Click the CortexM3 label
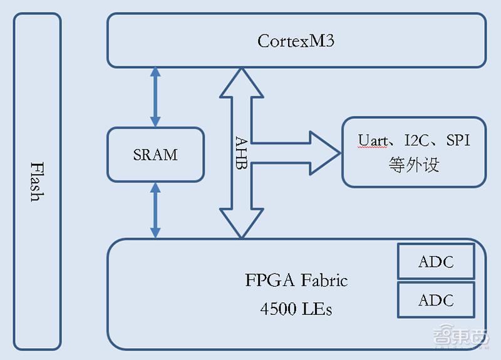point(296,41)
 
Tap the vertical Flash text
point(37,182)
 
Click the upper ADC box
point(436,262)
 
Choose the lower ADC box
point(436,300)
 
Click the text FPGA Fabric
point(296,280)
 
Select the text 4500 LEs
point(296,309)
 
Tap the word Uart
point(373,140)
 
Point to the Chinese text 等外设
point(414,164)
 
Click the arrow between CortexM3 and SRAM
point(155,97)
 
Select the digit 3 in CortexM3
point(329,41)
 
